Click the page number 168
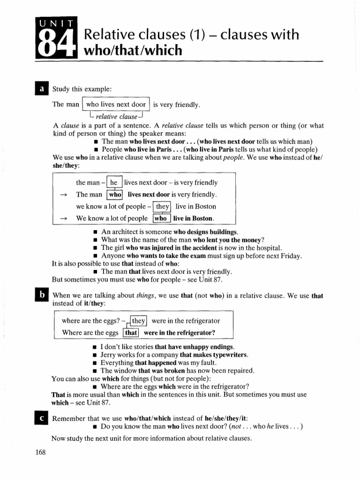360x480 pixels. [41, 452]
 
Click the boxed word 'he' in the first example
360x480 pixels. [114, 183]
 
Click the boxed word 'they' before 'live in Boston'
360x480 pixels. [163, 206]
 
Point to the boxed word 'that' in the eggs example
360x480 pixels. [131, 333]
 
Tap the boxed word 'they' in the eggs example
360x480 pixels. [139, 321]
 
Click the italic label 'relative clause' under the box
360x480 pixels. [116, 116]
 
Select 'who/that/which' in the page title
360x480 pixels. [133, 50]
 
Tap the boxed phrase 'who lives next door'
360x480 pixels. [116, 105]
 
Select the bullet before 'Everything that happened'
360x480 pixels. [95, 363]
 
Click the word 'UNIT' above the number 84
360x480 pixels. [55, 22]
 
